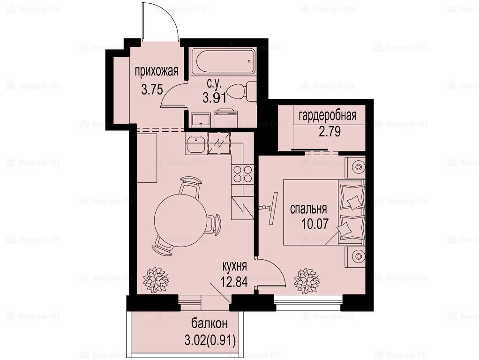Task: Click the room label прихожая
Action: (x=157, y=72)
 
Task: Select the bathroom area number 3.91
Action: (x=215, y=98)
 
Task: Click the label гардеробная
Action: (x=328, y=116)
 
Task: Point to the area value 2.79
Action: (x=329, y=131)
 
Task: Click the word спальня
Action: (x=308, y=210)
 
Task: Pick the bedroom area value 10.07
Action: (x=315, y=224)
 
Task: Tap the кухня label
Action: (x=234, y=267)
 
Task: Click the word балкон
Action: (x=210, y=323)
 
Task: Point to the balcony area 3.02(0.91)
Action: (x=210, y=340)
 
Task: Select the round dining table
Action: (x=177, y=215)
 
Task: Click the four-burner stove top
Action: (x=242, y=174)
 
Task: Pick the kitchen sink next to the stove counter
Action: (x=196, y=145)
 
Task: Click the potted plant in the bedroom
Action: (x=307, y=281)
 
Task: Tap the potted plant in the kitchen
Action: (x=156, y=280)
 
